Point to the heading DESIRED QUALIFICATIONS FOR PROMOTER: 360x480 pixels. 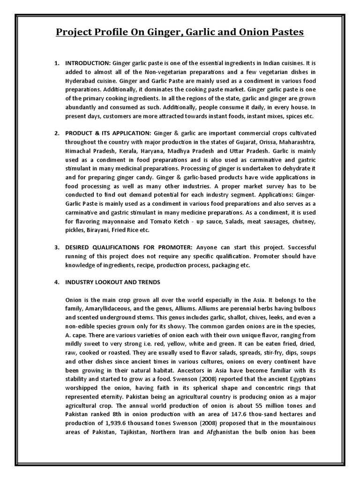(129, 247)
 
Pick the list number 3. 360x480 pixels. (57, 247)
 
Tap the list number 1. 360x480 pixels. (57, 63)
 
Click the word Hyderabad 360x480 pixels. (82, 81)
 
